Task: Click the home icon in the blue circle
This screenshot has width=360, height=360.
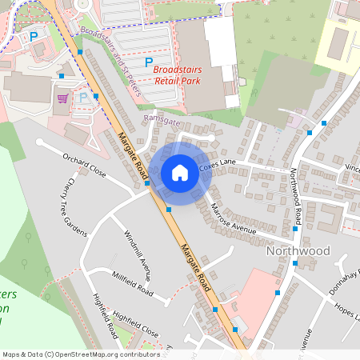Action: pyautogui.click(x=180, y=172)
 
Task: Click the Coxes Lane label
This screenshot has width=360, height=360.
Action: pyautogui.click(x=218, y=166)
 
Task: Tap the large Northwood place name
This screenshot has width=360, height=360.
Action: pyautogui.click(x=296, y=251)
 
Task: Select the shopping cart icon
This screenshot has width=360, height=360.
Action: pyautogui.click(x=62, y=98)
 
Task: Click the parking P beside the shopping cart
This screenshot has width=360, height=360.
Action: pyautogui.click(x=84, y=98)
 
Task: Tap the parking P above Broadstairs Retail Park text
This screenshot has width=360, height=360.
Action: pyautogui.click(x=148, y=61)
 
